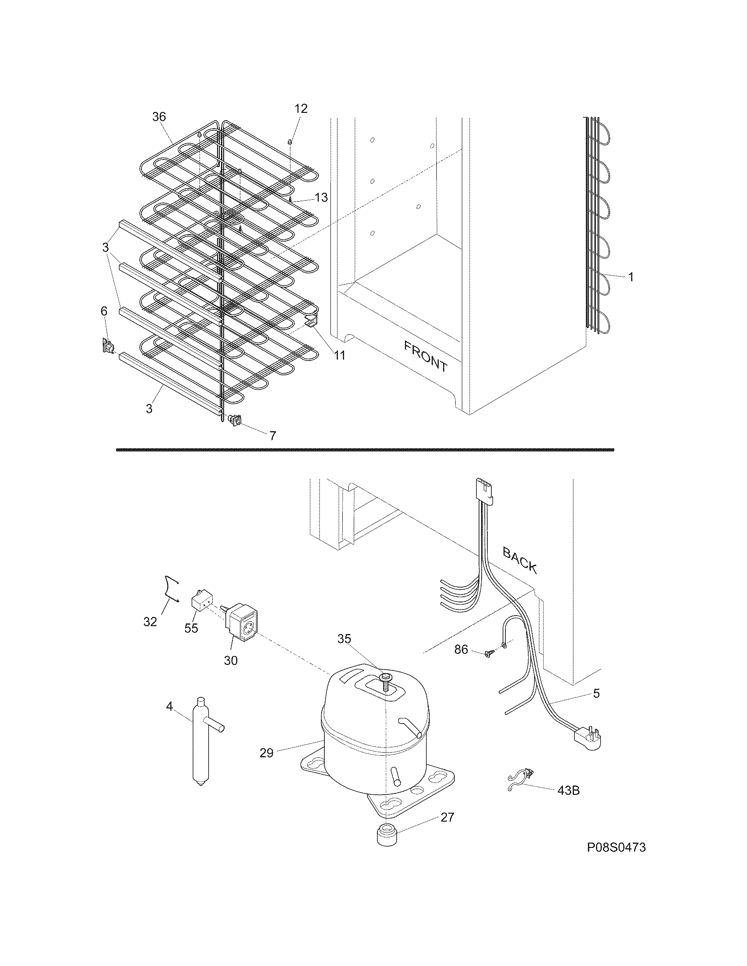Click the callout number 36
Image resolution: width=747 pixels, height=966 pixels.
(159, 117)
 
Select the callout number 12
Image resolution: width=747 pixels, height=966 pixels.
(301, 109)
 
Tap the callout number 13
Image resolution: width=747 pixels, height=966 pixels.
(321, 198)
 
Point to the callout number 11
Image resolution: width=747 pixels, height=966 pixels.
(339, 355)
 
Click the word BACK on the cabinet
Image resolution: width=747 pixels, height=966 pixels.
(520, 560)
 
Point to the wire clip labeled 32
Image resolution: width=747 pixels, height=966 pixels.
(170, 588)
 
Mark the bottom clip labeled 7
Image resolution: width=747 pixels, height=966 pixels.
(235, 419)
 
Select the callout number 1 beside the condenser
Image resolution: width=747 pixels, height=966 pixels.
(631, 278)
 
